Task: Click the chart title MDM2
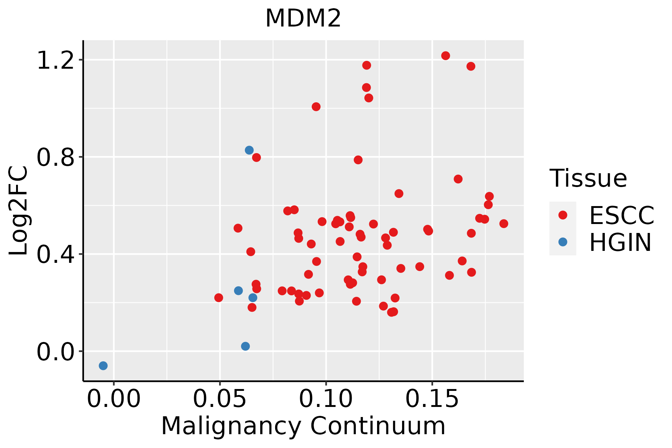pos(303,18)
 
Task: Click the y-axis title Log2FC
pos(19,211)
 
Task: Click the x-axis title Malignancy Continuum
pos(303,426)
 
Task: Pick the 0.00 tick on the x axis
pos(114,399)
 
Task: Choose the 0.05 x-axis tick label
pos(220,399)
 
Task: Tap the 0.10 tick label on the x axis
pos(326,399)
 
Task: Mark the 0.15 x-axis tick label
pos(432,399)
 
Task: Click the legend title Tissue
pos(588,178)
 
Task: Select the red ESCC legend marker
pos(563,215)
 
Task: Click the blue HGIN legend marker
pos(563,242)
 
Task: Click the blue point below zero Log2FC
pos(103,365)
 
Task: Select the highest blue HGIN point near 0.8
pos(249,150)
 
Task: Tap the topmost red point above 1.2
pos(445,56)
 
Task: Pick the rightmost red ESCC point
pos(504,224)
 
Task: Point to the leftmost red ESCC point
pos(219,298)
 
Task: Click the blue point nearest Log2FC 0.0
pos(245,346)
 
